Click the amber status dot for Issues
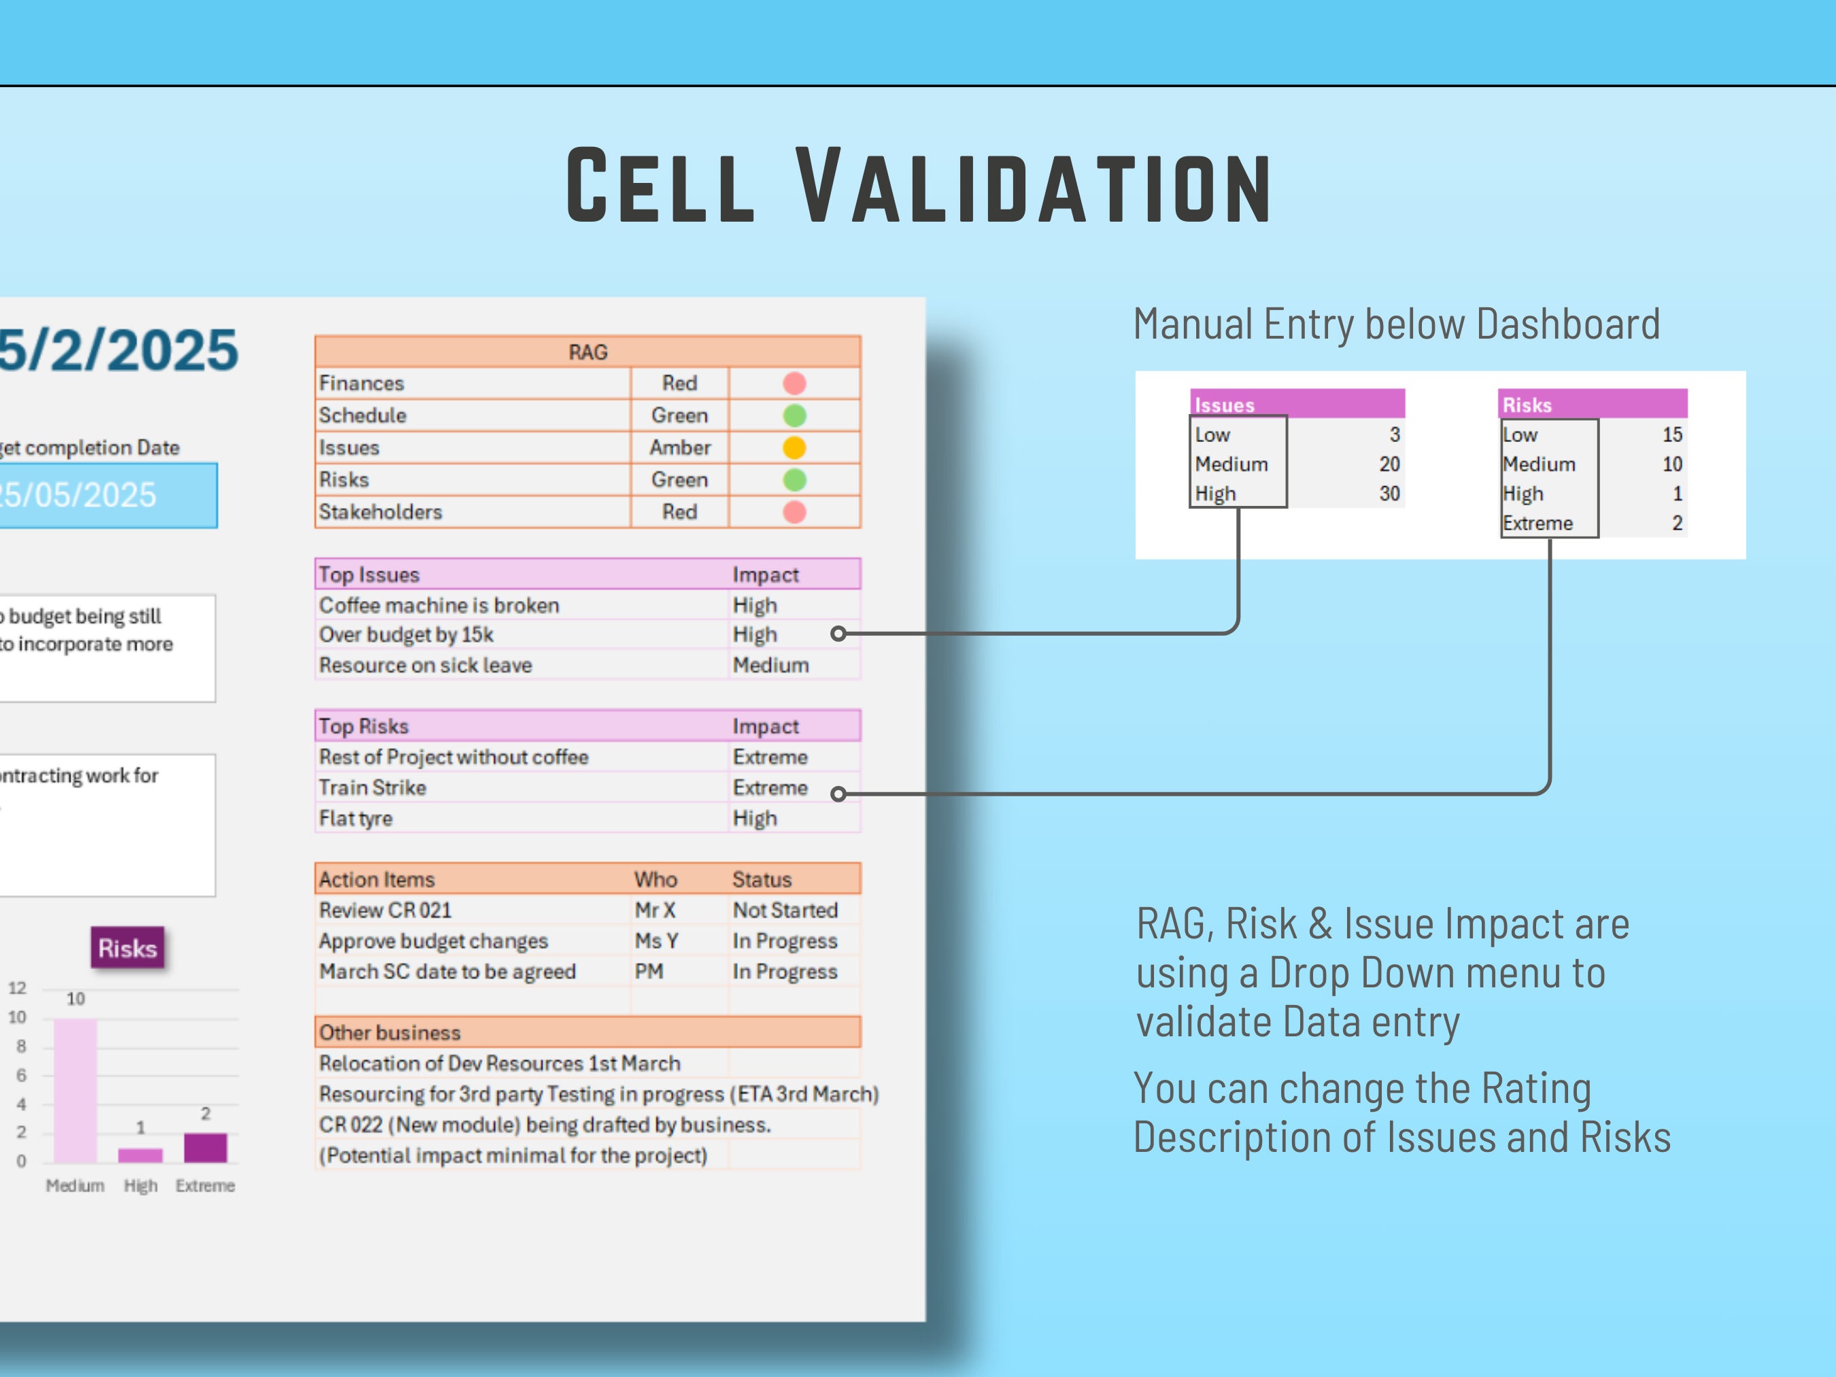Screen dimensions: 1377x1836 coord(794,447)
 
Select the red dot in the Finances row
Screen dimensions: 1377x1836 coord(794,383)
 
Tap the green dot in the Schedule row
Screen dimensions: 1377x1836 coord(794,415)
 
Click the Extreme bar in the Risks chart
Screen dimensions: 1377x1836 coord(205,1147)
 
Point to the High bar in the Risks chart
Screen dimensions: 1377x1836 coord(140,1155)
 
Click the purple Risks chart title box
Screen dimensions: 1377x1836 coord(127,948)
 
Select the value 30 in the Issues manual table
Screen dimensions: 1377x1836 coord(1389,493)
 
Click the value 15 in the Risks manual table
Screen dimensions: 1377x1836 coord(1671,434)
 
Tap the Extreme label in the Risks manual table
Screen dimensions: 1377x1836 coord(1538,523)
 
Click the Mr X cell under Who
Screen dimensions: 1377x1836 coord(655,910)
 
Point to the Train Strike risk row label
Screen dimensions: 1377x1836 coord(373,787)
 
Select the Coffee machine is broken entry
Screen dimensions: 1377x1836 coord(439,605)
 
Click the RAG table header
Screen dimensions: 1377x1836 coord(588,352)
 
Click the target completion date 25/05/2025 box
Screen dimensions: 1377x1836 coord(99,494)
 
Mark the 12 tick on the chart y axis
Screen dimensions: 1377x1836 coord(18,988)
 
